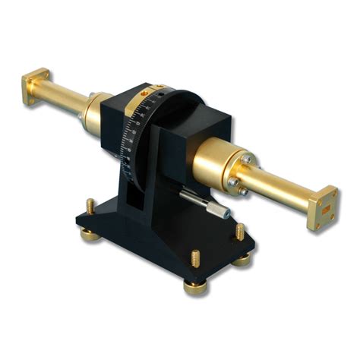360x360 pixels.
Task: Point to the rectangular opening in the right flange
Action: click(328, 207)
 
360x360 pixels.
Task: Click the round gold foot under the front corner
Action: click(196, 288)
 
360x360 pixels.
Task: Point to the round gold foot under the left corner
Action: click(90, 233)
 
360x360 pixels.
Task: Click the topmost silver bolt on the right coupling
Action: click(245, 156)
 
